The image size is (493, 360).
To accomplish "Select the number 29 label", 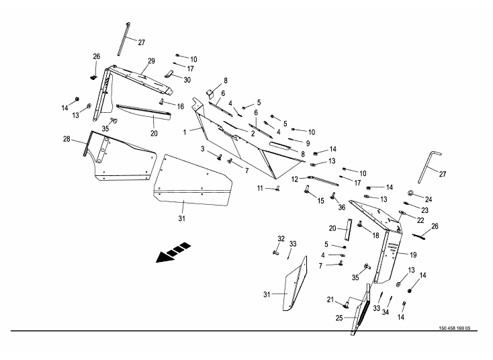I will click(151, 61).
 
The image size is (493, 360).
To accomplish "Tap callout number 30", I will click(187, 79).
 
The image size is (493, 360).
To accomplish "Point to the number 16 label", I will click(181, 106).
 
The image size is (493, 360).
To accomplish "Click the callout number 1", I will click(185, 132).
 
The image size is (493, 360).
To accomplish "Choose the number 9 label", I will click(307, 143).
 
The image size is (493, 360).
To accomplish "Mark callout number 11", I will click(259, 189).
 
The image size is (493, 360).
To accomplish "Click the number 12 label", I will click(295, 179).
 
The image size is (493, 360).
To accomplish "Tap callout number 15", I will click(320, 200).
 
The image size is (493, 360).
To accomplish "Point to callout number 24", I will click(429, 199).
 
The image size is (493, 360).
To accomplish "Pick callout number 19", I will click(413, 255).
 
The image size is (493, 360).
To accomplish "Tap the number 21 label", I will click(330, 299).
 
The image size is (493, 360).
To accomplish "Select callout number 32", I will click(281, 239).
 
